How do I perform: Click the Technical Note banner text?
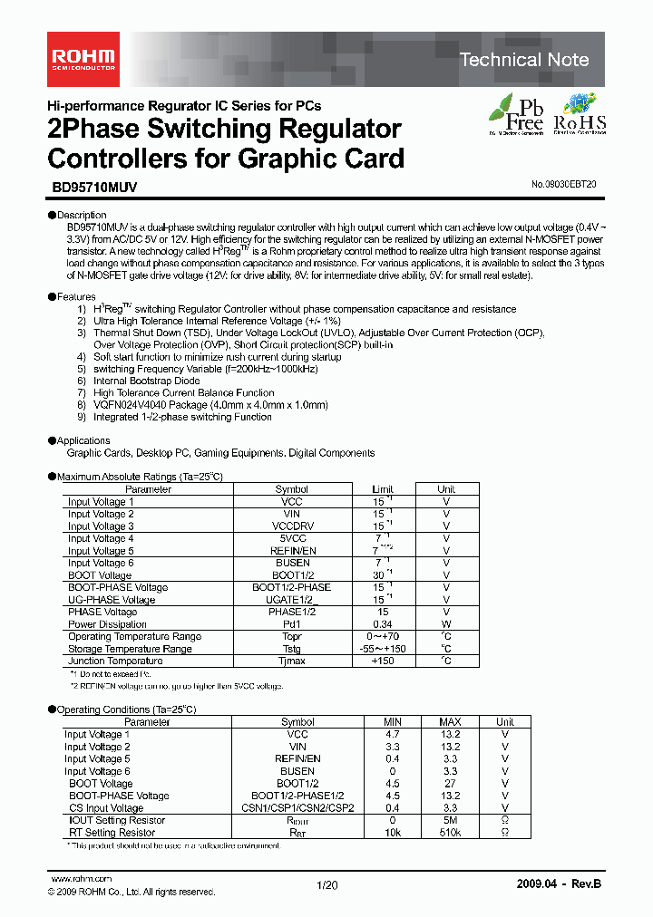tap(524, 60)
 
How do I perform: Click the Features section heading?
tap(75, 296)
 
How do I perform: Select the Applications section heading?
tap(83, 440)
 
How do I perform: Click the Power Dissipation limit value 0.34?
tap(383, 623)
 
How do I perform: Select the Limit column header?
tap(383, 489)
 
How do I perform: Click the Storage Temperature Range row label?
tap(130, 649)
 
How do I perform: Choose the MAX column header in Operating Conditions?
tap(450, 722)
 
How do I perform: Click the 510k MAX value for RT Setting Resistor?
tap(450, 832)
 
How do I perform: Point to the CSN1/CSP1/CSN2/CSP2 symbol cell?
tap(297, 807)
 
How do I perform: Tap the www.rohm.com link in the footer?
tap(81, 879)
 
